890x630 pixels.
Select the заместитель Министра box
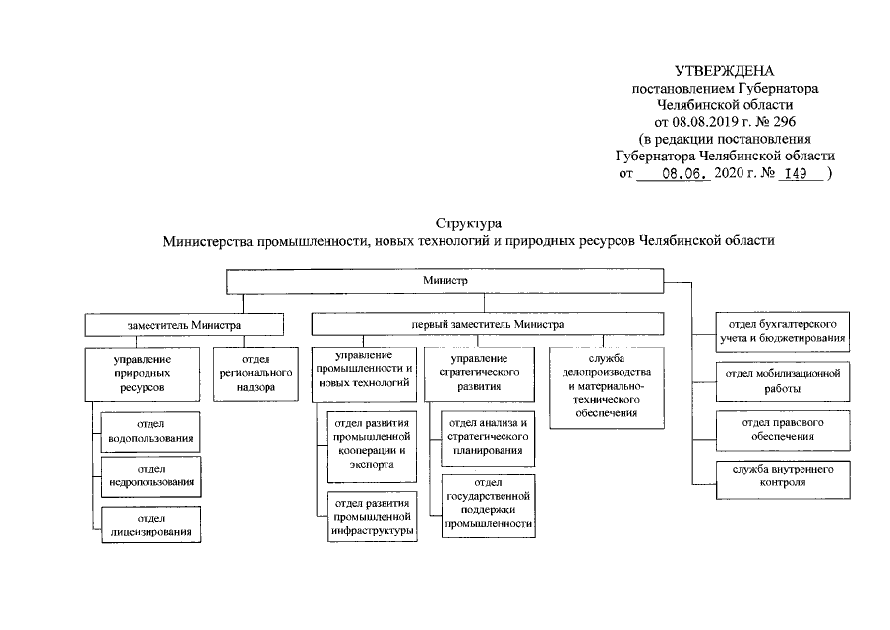pyautogui.click(x=184, y=324)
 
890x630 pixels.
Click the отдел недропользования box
pyautogui.click(x=150, y=476)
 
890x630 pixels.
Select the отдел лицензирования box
pyautogui.click(x=150, y=524)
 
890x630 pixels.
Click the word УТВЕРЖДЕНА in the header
pyautogui.click(x=725, y=71)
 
